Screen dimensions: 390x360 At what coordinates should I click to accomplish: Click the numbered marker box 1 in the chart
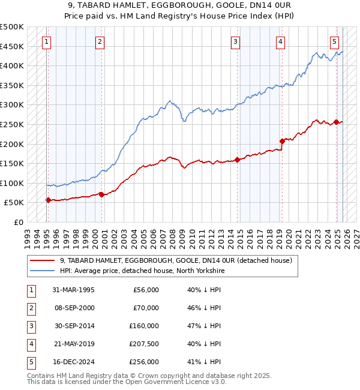47,42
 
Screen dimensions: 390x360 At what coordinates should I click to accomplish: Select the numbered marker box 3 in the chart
235,42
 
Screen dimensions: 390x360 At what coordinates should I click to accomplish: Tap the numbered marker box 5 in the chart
334,42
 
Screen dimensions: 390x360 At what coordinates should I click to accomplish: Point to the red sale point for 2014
238,160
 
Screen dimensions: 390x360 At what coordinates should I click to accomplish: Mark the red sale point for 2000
101,194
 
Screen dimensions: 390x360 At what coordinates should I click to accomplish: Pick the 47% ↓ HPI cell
204,326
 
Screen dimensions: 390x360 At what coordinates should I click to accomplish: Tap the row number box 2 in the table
30,308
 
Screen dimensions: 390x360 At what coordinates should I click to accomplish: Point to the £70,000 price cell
146,308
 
